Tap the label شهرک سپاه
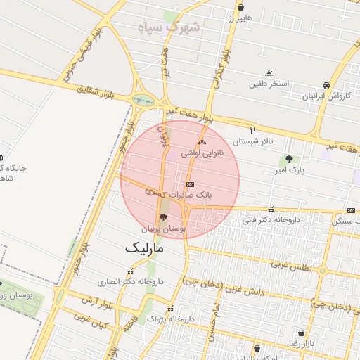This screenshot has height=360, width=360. (x=169, y=27)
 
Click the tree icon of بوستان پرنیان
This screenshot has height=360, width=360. (x=164, y=217)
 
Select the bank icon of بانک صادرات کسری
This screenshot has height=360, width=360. (x=188, y=184)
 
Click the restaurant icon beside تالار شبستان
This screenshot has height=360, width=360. (x=253, y=130)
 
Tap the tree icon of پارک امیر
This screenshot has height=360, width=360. (x=289, y=159)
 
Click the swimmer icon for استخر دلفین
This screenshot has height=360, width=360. (x=269, y=73)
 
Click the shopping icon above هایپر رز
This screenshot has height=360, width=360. (x=241, y=8)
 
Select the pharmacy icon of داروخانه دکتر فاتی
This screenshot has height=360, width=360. (x=271, y=210)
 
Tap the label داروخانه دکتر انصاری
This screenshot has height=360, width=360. (x=130, y=281)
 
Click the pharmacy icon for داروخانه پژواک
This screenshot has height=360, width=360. (x=170, y=309)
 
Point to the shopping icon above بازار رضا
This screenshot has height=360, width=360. (x=302, y=333)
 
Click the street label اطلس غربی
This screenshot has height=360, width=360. (x=290, y=266)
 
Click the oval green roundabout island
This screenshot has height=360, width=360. (x=143, y=100)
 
